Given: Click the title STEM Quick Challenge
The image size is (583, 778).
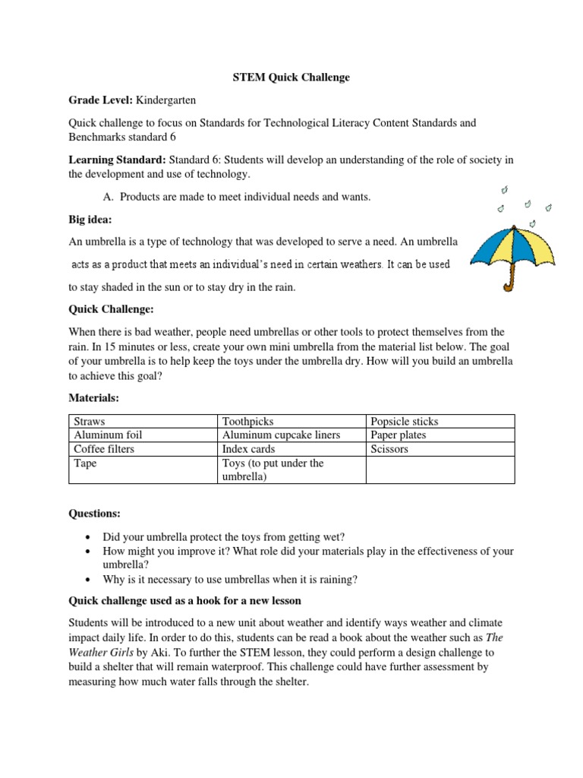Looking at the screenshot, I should pyautogui.click(x=291, y=77).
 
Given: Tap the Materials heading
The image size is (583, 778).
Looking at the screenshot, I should pyautogui.click(x=94, y=397).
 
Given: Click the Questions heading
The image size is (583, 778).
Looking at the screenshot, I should pyautogui.click(x=94, y=514).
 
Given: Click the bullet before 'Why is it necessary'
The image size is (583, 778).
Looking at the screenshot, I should pyautogui.click(x=91, y=580).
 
